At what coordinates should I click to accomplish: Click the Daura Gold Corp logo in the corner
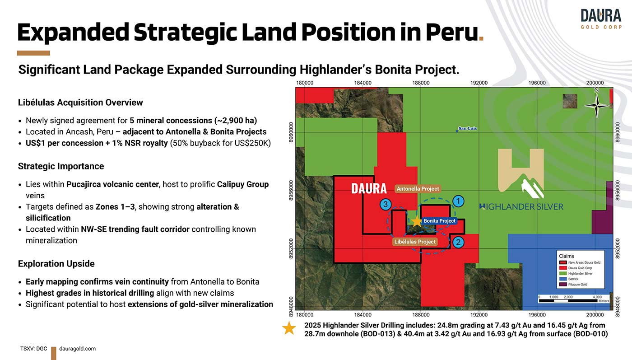tap(601, 19)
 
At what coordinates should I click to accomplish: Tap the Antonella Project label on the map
tap(418, 189)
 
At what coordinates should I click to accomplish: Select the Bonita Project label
tap(439, 221)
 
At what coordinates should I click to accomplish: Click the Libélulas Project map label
tap(415, 242)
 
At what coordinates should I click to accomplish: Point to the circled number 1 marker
tap(458, 201)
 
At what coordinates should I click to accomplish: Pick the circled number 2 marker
tap(458, 242)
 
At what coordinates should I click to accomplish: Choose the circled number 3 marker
tap(386, 204)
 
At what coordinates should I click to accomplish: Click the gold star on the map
tap(416, 222)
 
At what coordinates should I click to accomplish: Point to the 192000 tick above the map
tap(479, 83)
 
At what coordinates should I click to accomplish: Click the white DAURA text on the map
tap(369, 189)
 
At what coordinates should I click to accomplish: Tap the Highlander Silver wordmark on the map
tap(521, 207)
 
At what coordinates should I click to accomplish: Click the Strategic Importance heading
tap(61, 166)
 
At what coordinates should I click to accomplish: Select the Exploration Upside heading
tap(56, 264)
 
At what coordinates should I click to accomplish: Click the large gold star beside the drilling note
tap(289, 328)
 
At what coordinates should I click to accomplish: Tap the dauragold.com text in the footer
tap(77, 349)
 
